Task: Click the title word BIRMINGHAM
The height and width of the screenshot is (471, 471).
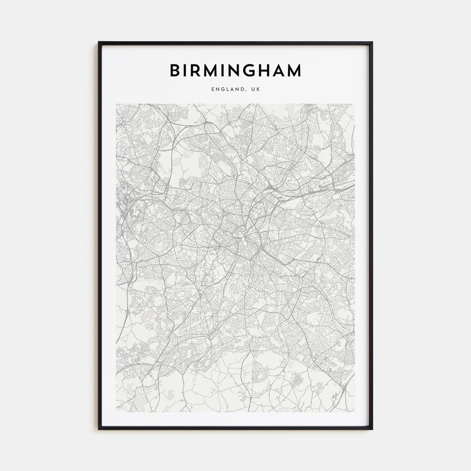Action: (235, 70)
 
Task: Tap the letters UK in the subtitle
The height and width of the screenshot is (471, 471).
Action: (255, 89)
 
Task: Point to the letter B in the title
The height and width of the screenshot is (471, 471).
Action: (174, 70)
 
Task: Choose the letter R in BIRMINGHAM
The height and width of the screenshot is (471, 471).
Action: (196, 70)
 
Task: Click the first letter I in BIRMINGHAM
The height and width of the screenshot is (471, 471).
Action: (185, 70)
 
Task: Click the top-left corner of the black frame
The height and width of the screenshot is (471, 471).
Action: (99, 42)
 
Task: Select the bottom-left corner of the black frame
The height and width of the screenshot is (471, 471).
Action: (99, 429)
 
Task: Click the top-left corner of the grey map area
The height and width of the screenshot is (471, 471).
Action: (116, 104)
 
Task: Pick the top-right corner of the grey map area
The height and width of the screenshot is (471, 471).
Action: (355, 104)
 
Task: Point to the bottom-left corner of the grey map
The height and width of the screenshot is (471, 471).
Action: (116, 412)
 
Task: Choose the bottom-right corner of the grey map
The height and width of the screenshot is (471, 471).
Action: (355, 412)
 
